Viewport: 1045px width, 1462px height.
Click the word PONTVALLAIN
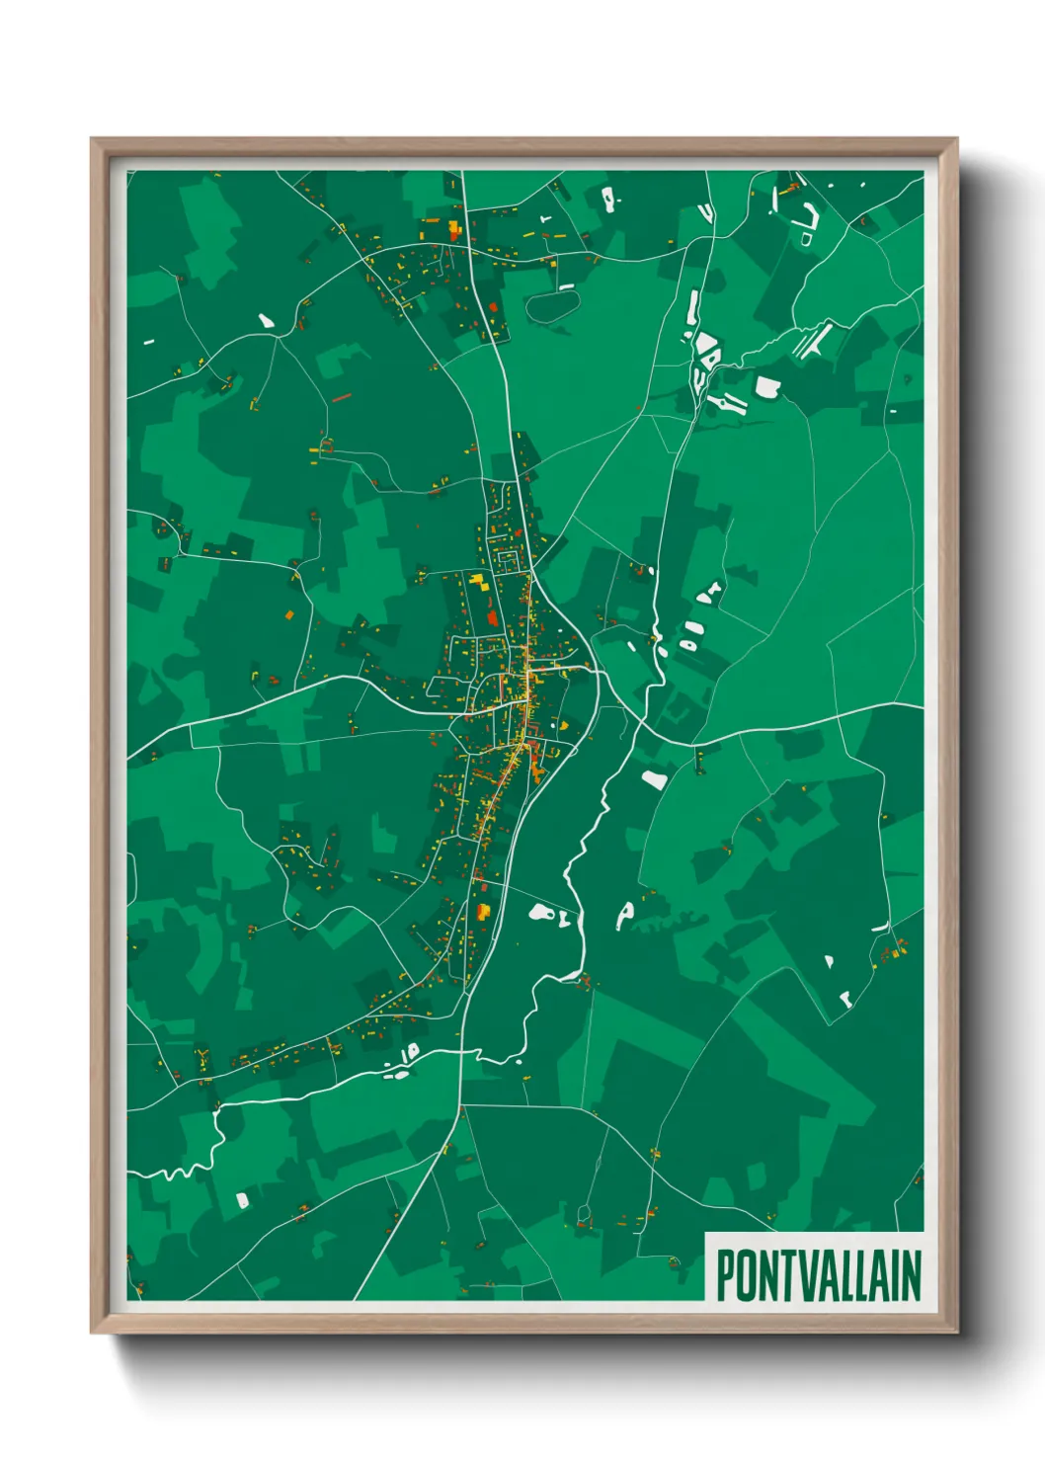click(x=818, y=1275)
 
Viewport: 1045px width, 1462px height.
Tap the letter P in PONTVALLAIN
click(x=725, y=1275)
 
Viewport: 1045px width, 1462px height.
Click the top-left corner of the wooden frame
click(x=93, y=140)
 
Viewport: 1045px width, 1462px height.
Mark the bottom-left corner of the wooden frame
click(x=93, y=1332)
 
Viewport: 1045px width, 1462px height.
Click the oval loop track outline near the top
click(x=551, y=305)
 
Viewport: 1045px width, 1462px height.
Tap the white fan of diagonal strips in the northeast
click(x=814, y=342)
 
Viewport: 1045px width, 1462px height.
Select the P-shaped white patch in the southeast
click(x=625, y=913)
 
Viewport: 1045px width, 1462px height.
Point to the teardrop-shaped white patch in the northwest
click(x=266, y=321)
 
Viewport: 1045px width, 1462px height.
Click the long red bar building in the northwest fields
click(x=342, y=398)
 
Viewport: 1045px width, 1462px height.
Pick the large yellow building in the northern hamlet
click(x=454, y=230)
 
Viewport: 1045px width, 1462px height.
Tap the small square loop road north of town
click(x=507, y=560)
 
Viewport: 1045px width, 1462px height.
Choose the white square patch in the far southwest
click(x=242, y=1200)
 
